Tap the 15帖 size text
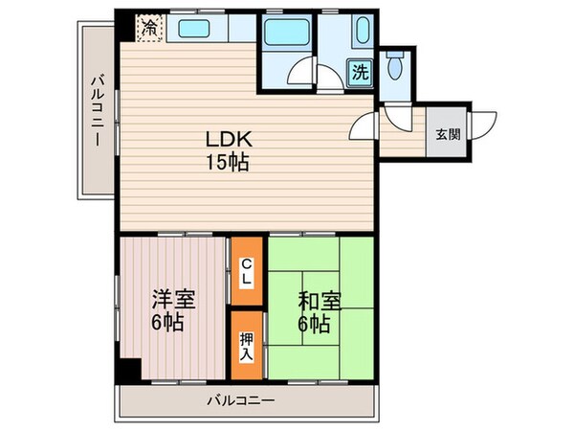click(226, 163)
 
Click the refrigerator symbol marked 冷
click(149, 28)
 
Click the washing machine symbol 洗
click(359, 72)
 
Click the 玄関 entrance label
click(448, 133)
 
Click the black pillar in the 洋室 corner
click(127, 369)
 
